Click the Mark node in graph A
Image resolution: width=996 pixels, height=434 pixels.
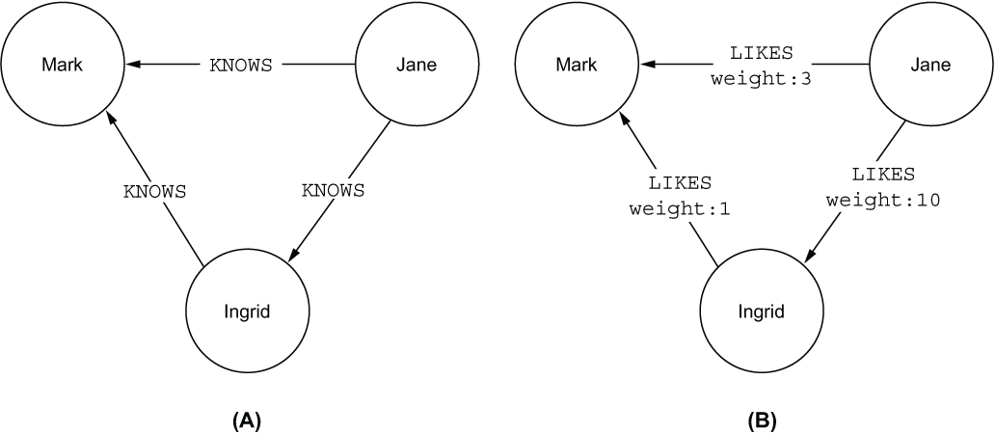[x=63, y=65]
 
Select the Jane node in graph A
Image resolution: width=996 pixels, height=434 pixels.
[x=417, y=65]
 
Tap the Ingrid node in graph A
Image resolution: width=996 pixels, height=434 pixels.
[x=247, y=312]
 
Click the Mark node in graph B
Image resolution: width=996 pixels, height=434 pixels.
[x=577, y=65]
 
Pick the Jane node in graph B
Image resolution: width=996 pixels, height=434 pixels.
[x=930, y=65]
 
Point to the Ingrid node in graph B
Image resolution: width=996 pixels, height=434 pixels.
[x=762, y=312]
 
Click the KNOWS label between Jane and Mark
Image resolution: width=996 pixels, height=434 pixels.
[x=241, y=65]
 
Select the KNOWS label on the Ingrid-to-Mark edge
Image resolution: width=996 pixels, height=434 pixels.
[x=154, y=191]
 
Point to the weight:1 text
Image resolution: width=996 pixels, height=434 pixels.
[x=680, y=209]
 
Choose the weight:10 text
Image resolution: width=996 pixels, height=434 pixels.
[x=883, y=201]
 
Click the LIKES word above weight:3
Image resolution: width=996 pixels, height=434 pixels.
[x=762, y=53]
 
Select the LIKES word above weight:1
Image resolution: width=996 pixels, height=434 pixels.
[x=680, y=182]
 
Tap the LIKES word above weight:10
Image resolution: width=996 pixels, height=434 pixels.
[x=883, y=174]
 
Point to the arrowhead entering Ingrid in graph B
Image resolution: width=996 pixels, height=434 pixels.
[x=810, y=255]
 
